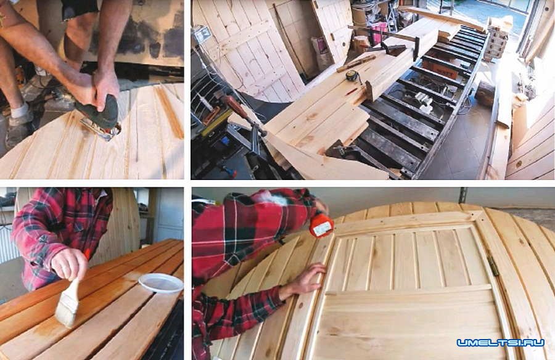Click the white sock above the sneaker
click(20, 110)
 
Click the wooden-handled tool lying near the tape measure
click(356, 63)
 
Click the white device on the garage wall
click(202, 35)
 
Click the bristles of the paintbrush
click(67, 309)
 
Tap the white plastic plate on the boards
click(161, 283)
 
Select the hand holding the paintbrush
click(69, 264)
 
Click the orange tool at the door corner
click(321, 225)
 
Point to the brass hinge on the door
click(494, 266)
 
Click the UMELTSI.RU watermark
click(500, 342)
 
